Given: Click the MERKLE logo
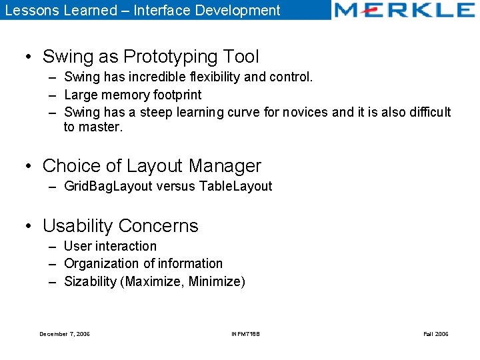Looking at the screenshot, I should (x=404, y=10).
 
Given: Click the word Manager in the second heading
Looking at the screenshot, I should (x=225, y=165).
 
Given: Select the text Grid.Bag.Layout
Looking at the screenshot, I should (x=107, y=186).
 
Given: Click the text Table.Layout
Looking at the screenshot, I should (x=235, y=186).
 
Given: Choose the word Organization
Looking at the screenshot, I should (x=101, y=264).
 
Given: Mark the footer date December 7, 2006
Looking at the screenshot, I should (x=65, y=334).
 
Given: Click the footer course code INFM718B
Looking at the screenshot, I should (x=245, y=334).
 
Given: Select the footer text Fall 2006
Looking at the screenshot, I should (x=436, y=334).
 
